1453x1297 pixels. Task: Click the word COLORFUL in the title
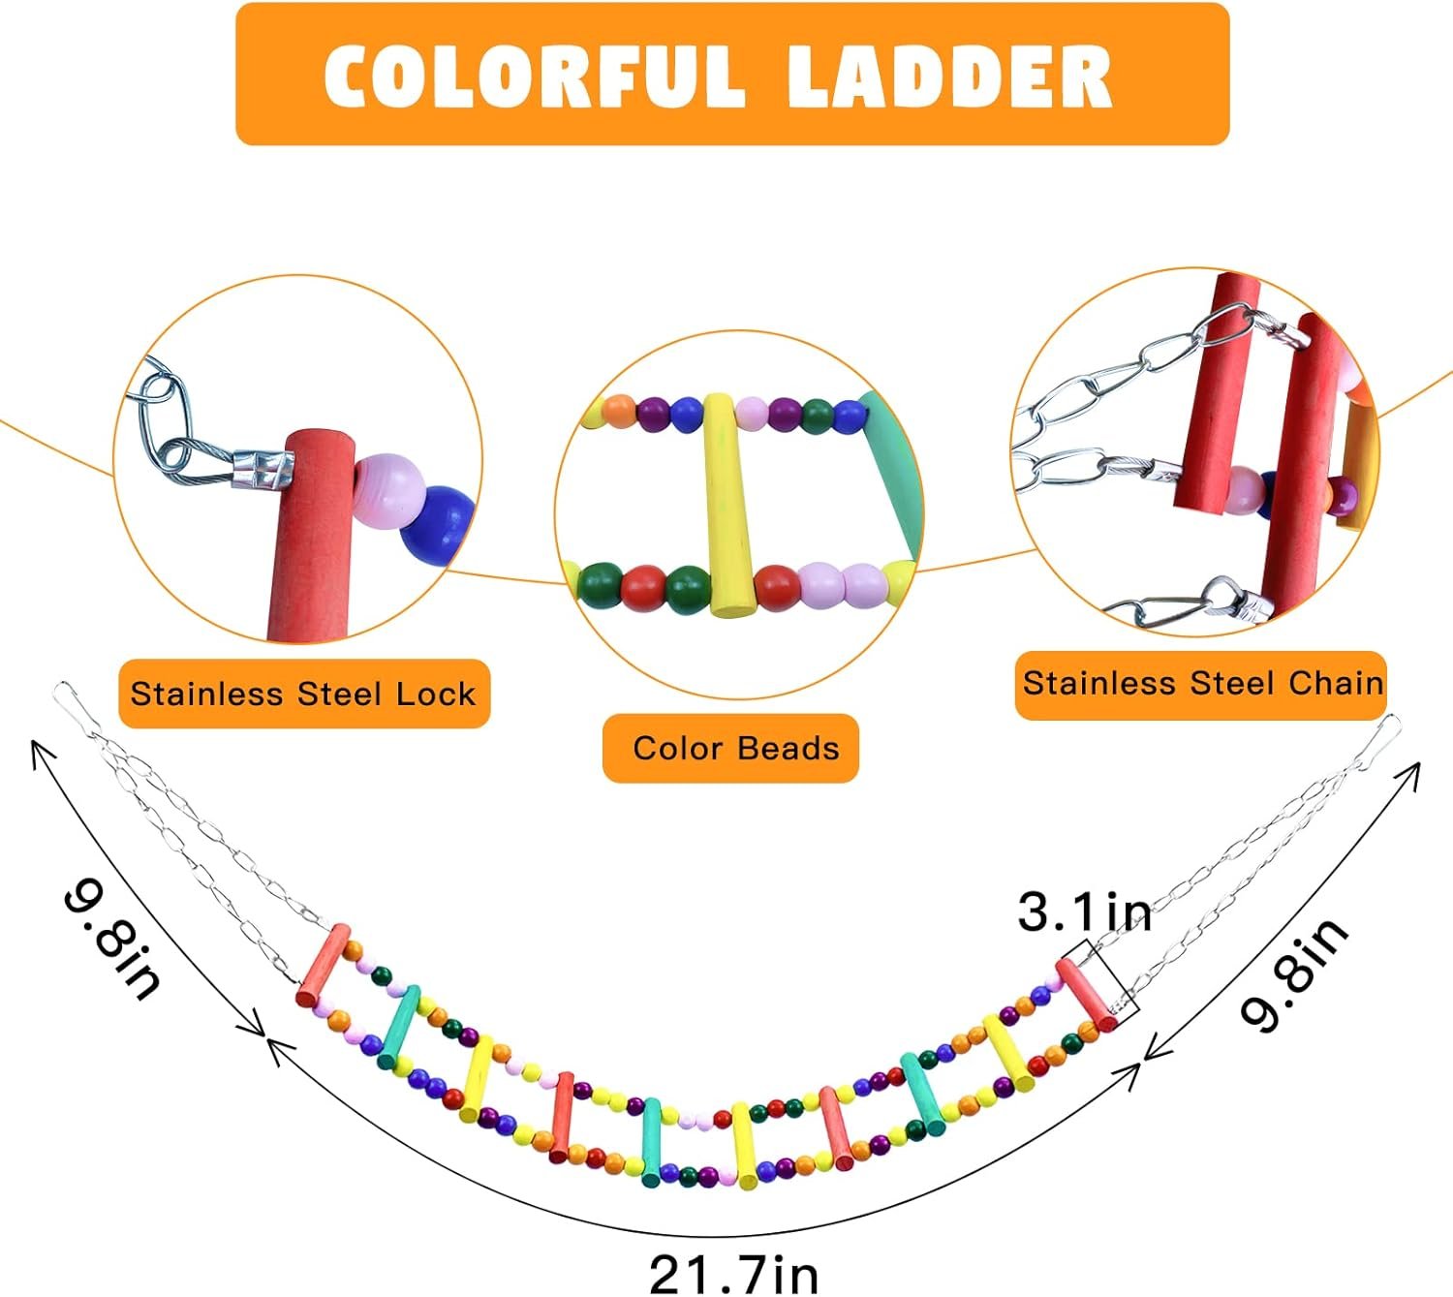coord(534,76)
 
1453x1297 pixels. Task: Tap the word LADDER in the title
coord(949,76)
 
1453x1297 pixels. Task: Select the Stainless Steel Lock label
coord(303,694)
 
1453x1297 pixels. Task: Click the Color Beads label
coord(735,748)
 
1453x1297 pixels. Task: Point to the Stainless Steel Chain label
coord(1203,683)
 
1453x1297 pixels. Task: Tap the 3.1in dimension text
coord(1084,911)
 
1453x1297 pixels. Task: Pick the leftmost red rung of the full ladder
coord(324,965)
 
